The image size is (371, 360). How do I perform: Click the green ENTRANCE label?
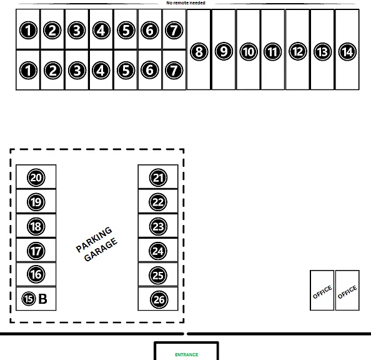point(187,354)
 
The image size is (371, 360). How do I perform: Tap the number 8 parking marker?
point(199,52)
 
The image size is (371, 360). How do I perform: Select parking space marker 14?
point(347,52)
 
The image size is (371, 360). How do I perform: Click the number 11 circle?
point(272,52)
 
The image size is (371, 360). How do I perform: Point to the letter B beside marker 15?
point(42,299)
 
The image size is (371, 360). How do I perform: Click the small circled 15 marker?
point(29,299)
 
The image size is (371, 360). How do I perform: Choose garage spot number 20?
point(36,177)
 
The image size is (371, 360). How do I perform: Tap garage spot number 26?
point(159,299)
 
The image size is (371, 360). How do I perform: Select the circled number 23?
point(158,226)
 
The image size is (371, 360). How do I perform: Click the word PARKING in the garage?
point(94,239)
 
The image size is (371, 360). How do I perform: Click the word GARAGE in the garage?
point(101,249)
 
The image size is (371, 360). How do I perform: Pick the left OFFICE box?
point(322,290)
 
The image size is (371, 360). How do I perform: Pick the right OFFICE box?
point(347,290)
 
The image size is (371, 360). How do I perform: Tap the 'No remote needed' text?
point(185,3)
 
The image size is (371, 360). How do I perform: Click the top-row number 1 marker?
point(28,30)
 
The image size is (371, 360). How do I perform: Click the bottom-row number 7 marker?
point(174,70)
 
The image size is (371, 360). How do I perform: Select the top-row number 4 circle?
point(101,30)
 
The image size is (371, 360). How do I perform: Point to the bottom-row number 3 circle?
point(77,71)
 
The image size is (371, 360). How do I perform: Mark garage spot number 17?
point(36,251)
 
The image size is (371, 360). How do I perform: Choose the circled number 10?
point(249,52)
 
